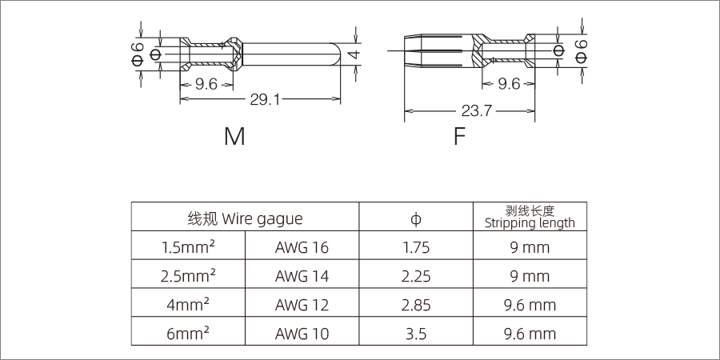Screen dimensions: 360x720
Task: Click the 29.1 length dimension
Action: [x=265, y=100]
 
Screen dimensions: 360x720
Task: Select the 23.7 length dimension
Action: [x=476, y=111]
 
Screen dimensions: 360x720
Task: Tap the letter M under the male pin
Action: [x=234, y=137]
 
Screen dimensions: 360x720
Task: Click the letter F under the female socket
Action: [x=459, y=137]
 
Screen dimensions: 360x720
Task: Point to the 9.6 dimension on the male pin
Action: [x=206, y=83]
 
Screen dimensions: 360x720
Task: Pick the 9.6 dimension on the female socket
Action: [x=509, y=83]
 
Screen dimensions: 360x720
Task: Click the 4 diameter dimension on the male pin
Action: [x=355, y=54]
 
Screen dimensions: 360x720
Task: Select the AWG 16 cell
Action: [x=302, y=247]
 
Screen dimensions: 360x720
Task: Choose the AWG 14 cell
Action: [x=302, y=277]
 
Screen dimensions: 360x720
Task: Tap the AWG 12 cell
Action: [x=302, y=305]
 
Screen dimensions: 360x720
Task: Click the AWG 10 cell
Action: [x=302, y=333]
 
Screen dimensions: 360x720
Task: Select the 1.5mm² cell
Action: [x=187, y=247]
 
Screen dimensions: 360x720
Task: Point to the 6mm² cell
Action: [x=187, y=333]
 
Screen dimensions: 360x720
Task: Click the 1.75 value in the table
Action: [x=416, y=247]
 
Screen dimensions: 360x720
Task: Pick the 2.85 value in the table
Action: [x=416, y=305]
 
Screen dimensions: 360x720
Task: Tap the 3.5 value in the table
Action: [x=416, y=333]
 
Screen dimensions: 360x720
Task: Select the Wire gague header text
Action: [x=245, y=218]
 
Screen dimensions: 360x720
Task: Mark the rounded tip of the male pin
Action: [x=338, y=54]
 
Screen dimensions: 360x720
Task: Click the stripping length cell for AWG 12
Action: [x=530, y=305]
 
